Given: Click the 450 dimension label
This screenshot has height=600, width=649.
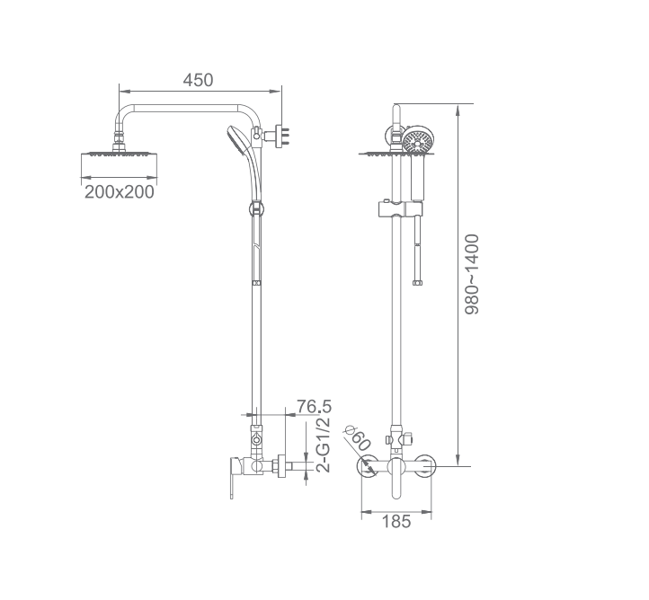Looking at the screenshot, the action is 199,80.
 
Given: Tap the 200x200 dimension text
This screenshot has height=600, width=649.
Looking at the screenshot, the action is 120,192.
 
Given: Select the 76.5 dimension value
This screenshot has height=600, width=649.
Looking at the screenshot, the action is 314,407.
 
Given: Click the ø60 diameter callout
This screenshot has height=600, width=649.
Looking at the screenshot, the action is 357,438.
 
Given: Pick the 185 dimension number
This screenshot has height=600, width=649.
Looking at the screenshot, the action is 396,522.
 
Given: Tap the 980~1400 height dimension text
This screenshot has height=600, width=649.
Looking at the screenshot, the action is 471,275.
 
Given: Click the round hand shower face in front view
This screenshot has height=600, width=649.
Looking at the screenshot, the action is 418,141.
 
